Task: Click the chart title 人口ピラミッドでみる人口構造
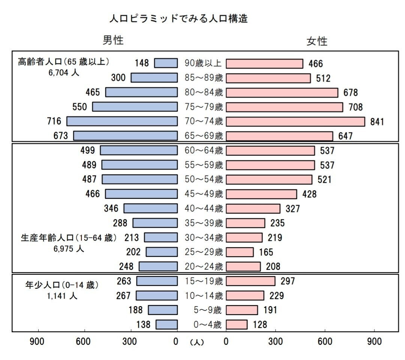178,18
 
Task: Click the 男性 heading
113,40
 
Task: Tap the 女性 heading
317,41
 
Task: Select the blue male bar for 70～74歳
122,121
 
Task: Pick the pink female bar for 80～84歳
282,93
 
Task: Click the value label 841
377,122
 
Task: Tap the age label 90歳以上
203,63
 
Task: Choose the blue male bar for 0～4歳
166,324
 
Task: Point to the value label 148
142,63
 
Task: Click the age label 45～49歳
204,194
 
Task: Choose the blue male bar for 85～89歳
154,78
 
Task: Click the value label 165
266,252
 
